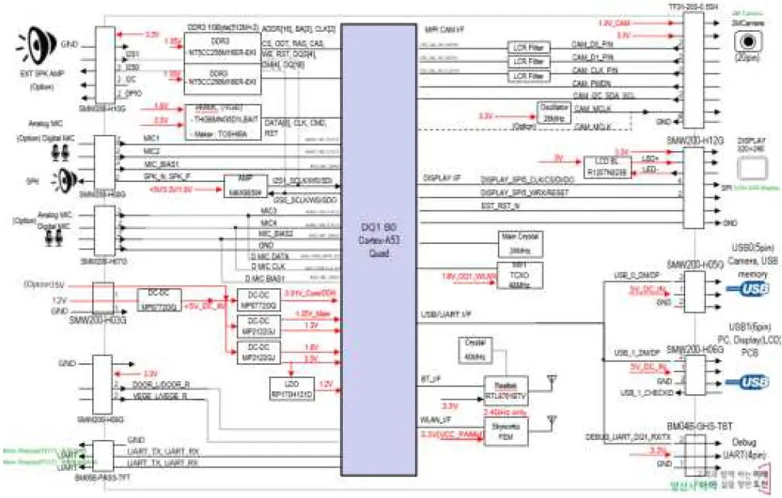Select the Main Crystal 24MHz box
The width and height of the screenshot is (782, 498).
[x=520, y=244]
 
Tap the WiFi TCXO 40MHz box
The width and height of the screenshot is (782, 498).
[x=520, y=276]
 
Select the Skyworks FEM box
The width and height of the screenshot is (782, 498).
[x=504, y=435]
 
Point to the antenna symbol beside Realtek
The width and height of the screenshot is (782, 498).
[x=552, y=380]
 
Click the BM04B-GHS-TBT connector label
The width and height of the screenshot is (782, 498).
[x=695, y=428]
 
